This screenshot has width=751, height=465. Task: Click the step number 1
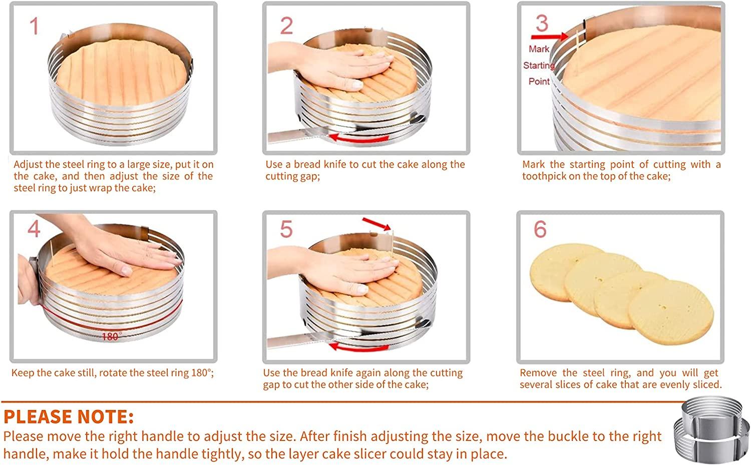(x=34, y=26)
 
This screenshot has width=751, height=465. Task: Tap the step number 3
(x=542, y=23)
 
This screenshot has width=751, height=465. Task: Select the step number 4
(x=34, y=229)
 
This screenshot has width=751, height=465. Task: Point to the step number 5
(x=286, y=229)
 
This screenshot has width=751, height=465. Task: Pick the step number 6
(x=540, y=229)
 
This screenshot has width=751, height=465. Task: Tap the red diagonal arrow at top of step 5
(x=376, y=223)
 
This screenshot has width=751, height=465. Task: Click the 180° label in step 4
(x=111, y=337)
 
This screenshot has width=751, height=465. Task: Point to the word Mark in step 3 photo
(x=539, y=49)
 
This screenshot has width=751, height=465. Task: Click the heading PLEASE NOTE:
(x=69, y=416)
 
